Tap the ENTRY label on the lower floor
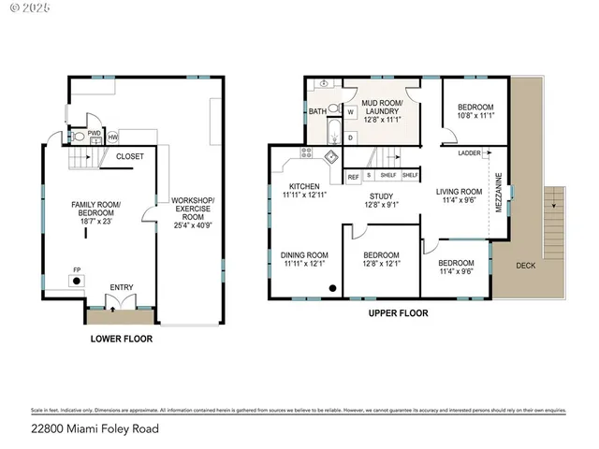pos(121,287)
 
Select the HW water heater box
pos(112,138)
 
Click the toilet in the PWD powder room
pos(79,137)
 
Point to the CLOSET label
pos(130,156)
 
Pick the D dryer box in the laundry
pos(350,137)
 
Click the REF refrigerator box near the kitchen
pos(354,175)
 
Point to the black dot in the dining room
pos(332,288)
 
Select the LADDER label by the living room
pos(469,152)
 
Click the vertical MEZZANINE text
pos(498,191)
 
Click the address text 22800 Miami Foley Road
pos(94,429)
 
